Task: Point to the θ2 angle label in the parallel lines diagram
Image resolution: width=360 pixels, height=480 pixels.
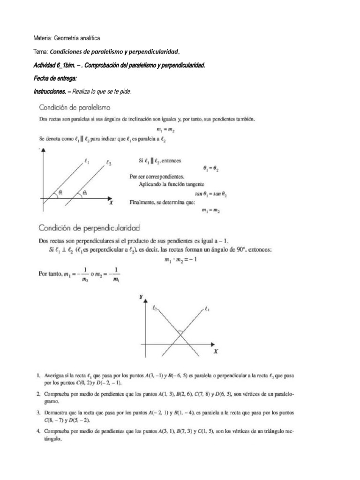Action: pos(84,192)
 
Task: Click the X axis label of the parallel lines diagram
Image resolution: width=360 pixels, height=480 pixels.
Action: pos(111,203)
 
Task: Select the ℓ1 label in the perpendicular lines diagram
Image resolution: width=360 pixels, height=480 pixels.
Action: pos(207,309)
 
